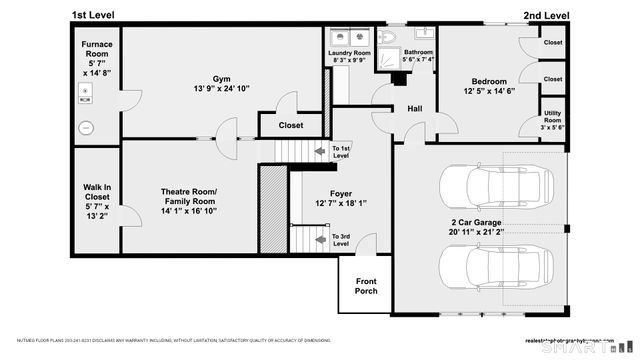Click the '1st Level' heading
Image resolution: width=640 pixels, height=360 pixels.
[92, 16]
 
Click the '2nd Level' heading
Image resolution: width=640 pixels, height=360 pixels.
[545, 16]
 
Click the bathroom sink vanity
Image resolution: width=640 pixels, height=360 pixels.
[423, 32]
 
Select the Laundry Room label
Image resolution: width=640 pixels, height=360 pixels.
[350, 52]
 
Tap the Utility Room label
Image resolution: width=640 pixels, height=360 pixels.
[553, 117]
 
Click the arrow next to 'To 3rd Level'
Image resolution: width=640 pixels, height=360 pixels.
[321, 240]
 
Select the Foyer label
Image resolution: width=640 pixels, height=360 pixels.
[341, 193]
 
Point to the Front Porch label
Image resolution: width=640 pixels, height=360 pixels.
[366, 286]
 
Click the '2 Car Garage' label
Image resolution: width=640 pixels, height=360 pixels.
[476, 222]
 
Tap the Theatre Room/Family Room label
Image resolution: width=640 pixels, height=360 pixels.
[189, 196]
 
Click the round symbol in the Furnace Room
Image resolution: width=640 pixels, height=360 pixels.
[86, 128]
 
